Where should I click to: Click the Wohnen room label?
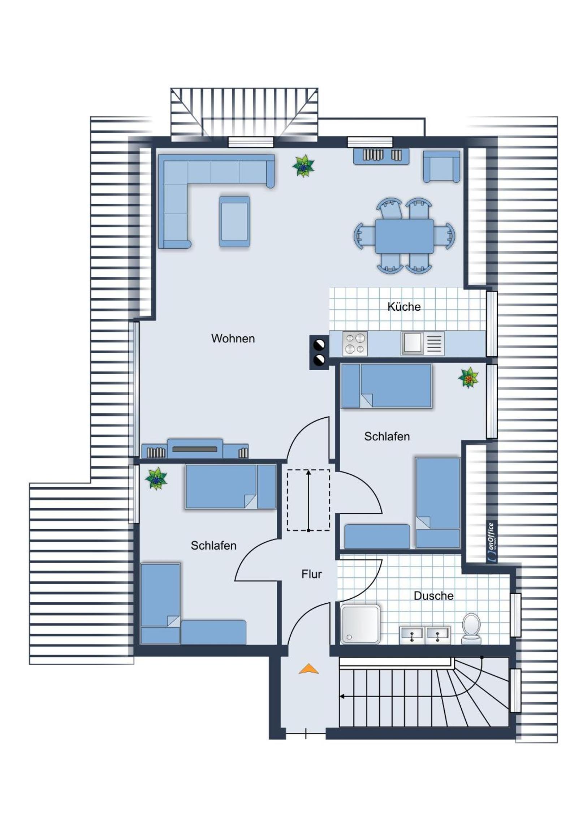pos(233,339)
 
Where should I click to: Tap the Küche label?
pos(404,306)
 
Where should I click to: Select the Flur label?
pos(311,574)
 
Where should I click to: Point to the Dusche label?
pos(433,595)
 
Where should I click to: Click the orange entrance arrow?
pos(309,669)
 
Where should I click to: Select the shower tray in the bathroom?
pos(360,624)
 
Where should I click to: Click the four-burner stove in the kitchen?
pos(355,344)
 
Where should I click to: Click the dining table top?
pos(404,236)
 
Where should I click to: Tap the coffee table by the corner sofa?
pos(234,221)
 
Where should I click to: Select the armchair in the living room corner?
pos(441,167)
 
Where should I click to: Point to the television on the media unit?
pos(195,449)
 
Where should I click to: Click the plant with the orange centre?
pos(469,378)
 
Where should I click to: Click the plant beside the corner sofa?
pos(303,166)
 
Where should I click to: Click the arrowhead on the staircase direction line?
pos(342,696)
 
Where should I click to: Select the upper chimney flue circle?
pos(319,345)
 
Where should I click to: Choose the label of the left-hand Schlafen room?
pos(213,546)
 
